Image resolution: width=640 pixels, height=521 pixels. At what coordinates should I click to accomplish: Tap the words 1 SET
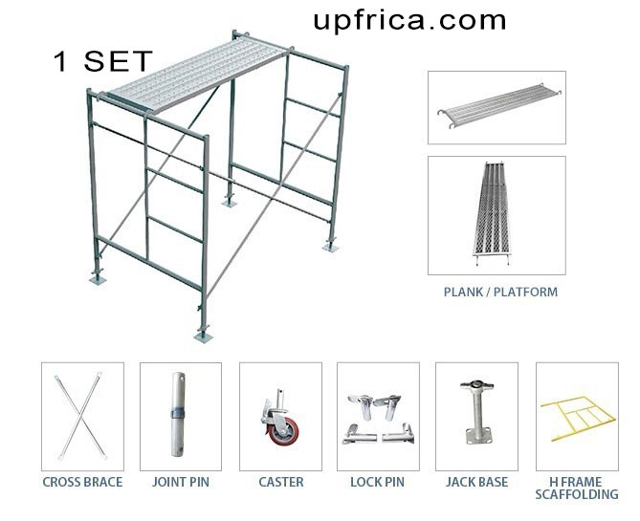[102, 62]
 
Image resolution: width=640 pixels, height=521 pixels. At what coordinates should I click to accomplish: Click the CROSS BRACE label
[82, 483]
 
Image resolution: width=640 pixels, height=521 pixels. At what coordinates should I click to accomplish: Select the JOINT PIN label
[181, 483]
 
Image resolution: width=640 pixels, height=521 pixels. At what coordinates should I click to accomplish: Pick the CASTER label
[281, 483]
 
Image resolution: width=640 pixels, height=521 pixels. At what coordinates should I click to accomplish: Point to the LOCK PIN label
[379, 483]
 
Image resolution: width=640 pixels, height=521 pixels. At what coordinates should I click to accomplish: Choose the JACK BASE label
[477, 483]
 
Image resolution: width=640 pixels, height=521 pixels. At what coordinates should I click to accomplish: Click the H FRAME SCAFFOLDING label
[577, 488]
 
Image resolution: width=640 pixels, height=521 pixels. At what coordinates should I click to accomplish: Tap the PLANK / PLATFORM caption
[499, 292]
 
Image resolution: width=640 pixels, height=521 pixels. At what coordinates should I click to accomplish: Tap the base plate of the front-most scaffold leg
[202, 334]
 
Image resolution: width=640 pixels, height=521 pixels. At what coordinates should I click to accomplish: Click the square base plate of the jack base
[477, 438]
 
